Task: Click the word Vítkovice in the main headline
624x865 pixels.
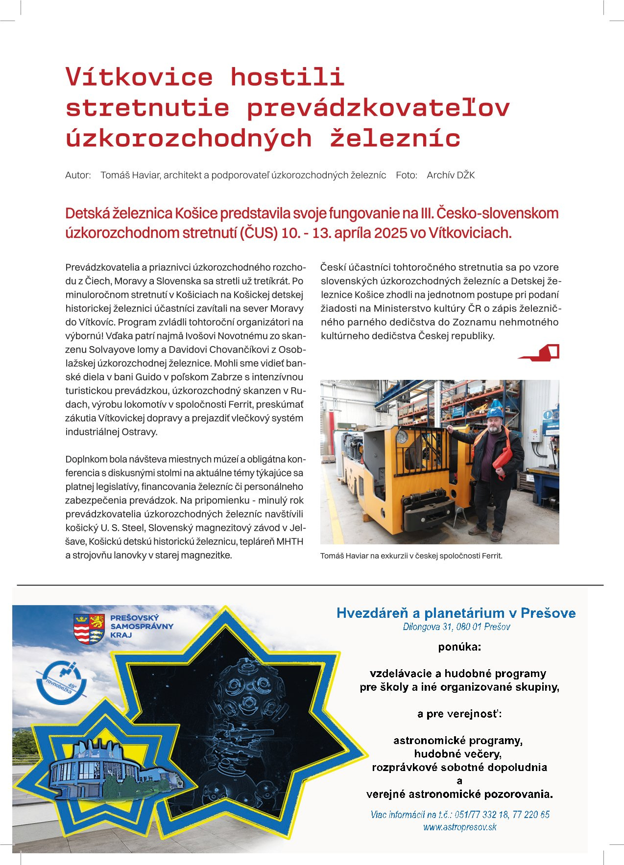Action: (139, 77)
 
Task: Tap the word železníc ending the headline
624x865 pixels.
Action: (395, 139)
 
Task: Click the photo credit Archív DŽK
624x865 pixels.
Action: (451, 175)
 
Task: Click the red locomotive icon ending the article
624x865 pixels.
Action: (539, 352)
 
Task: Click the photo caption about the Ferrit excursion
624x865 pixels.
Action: (411, 556)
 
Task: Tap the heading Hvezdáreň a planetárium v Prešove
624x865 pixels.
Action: (456, 613)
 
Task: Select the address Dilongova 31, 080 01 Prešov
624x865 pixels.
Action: (456, 627)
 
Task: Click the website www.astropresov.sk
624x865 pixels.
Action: (460, 827)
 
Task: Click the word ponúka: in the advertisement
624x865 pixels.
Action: (459, 647)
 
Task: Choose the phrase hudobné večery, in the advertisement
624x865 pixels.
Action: (457, 754)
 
